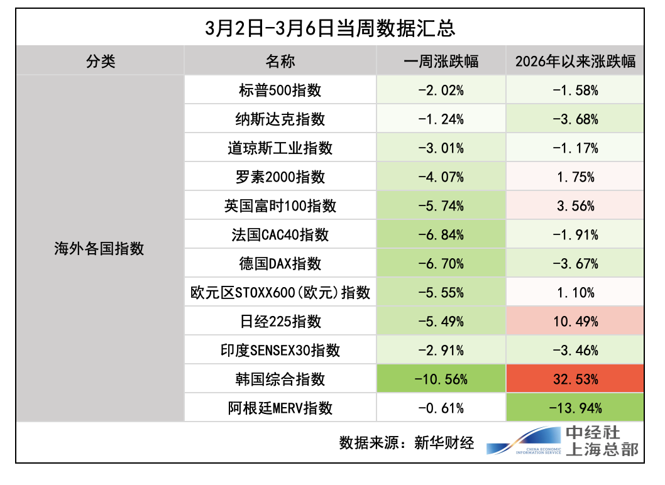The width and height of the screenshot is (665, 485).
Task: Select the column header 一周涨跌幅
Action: coord(441,61)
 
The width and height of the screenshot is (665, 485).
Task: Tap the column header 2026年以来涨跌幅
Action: coord(575,61)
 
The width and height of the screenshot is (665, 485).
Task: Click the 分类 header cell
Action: coord(101,61)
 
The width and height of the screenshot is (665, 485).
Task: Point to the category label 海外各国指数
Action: coord(99,249)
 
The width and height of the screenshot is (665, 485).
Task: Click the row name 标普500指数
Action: coord(280,90)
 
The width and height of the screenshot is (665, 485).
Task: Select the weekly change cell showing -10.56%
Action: coord(441,379)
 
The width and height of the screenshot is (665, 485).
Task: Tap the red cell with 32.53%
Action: coord(575,379)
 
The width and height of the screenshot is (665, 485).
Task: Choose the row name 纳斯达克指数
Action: coord(280,119)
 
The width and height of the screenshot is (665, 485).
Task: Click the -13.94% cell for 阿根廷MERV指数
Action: coord(575,408)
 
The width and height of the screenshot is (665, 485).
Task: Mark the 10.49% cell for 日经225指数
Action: coord(575,322)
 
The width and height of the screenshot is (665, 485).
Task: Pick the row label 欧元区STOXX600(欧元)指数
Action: coord(280,293)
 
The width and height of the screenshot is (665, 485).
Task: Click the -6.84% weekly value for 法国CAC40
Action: coord(441,235)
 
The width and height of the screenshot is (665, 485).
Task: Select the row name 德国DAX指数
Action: coord(280,264)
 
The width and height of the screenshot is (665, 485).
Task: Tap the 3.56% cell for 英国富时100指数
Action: coord(575,206)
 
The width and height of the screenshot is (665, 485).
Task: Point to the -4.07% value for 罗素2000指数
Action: coord(441,177)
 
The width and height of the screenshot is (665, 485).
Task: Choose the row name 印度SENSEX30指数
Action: coord(280,351)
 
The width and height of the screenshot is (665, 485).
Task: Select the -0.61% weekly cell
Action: coord(441,408)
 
